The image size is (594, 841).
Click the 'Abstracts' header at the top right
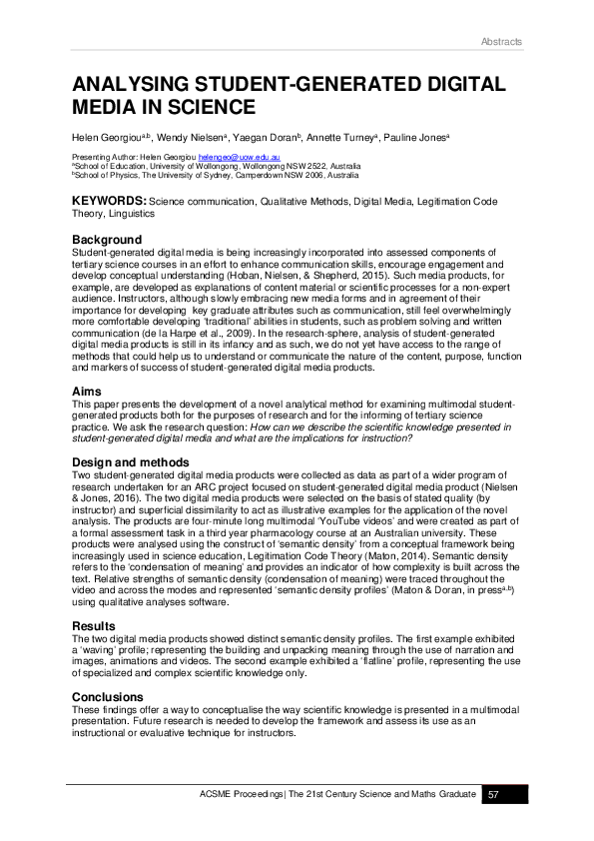pyautogui.click(x=503, y=41)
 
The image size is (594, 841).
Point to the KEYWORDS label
pyautogui.click(x=109, y=201)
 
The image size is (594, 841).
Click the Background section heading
pyautogui.click(x=107, y=240)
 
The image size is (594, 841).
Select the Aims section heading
pyautogui.click(x=87, y=392)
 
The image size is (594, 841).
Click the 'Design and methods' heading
pyautogui.click(x=131, y=462)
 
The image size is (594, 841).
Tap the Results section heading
pyautogui.click(x=95, y=626)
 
